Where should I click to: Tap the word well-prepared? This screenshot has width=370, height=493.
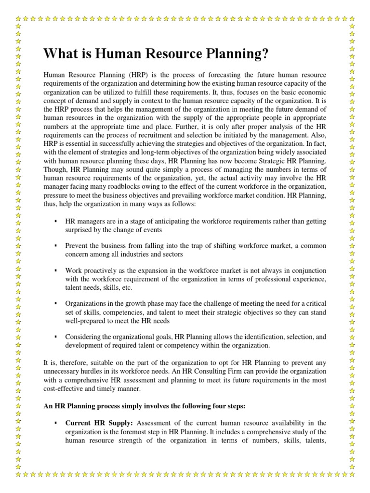86,321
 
